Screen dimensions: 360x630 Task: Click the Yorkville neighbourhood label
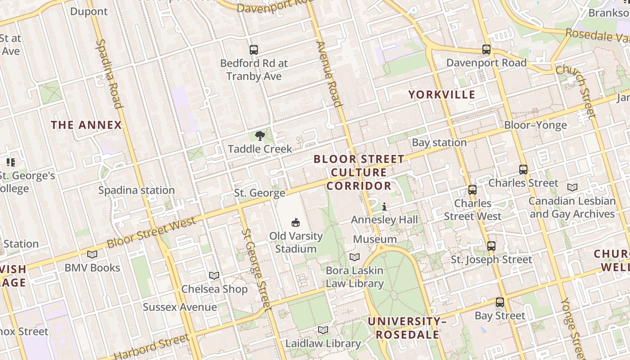coord(441,94)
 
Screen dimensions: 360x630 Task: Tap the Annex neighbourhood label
coord(86,125)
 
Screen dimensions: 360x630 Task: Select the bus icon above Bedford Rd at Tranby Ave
coord(254,50)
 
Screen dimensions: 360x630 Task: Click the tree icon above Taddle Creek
coord(260,135)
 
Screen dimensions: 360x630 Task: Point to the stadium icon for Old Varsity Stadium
coord(296,222)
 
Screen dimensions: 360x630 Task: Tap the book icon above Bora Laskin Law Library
coord(355,257)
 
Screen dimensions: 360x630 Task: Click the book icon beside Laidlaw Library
coord(323,330)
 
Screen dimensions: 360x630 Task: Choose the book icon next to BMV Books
coord(92,254)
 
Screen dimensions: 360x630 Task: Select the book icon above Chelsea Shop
coord(214,275)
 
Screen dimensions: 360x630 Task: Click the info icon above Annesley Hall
coord(384,207)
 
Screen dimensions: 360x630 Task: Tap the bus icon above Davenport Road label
coord(486,49)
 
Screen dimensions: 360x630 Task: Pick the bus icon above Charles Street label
coord(523,170)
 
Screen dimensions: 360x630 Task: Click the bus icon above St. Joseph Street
coord(491,246)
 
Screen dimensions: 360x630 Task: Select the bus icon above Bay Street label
coord(499,302)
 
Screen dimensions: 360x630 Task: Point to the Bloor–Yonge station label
coord(535,125)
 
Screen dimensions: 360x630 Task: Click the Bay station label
coord(439,143)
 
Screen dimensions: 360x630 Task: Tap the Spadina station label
coord(136,190)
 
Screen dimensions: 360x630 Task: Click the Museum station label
coord(375,239)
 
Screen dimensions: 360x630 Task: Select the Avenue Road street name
coord(328,74)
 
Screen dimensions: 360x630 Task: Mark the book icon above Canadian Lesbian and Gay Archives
coord(572,187)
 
